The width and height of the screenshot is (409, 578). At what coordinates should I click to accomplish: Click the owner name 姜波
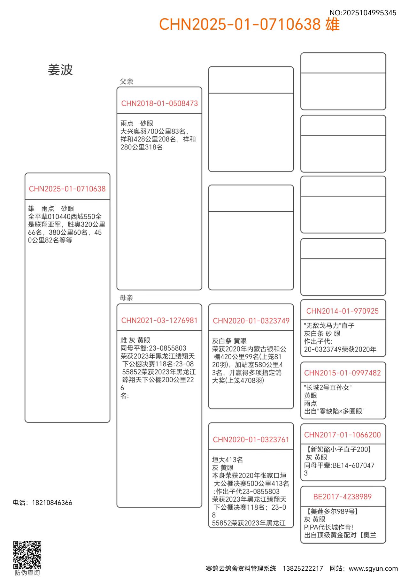pyautogui.click(x=60, y=70)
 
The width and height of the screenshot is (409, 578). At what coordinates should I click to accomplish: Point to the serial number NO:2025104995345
pyautogui.click(x=363, y=13)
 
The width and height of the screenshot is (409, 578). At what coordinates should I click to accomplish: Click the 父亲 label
pyautogui.click(x=127, y=81)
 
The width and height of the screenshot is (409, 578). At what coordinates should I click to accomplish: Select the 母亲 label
pyautogui.click(x=126, y=298)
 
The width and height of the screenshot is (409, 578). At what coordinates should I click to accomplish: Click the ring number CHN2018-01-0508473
pyautogui.click(x=159, y=103)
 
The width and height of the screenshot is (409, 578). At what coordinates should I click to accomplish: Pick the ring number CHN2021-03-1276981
pyautogui.click(x=159, y=320)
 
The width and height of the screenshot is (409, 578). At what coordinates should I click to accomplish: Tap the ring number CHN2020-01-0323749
pyautogui.click(x=251, y=321)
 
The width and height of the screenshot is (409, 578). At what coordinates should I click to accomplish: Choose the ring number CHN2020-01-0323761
pyautogui.click(x=251, y=440)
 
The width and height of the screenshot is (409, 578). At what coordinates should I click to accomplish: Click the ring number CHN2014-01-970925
pyautogui.click(x=342, y=311)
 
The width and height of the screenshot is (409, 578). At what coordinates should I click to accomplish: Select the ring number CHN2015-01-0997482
pyautogui.click(x=342, y=373)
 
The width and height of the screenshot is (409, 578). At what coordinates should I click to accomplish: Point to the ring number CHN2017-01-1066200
pyautogui.click(x=342, y=435)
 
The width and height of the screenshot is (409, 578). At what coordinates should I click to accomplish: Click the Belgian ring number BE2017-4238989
pyautogui.click(x=342, y=497)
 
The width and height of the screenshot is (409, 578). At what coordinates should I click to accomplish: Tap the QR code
pyautogui.click(x=27, y=555)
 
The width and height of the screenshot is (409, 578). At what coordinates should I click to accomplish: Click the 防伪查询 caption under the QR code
pyautogui.click(x=27, y=573)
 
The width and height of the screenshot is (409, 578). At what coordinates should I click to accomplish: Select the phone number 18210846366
pyautogui.click(x=52, y=503)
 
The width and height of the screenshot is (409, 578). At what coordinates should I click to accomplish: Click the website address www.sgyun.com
pyautogui.click(x=373, y=568)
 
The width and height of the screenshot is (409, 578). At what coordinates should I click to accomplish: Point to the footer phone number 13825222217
pyautogui.click(x=303, y=568)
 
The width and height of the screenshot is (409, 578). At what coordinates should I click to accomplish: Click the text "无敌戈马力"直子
pyautogui.click(x=329, y=326)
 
